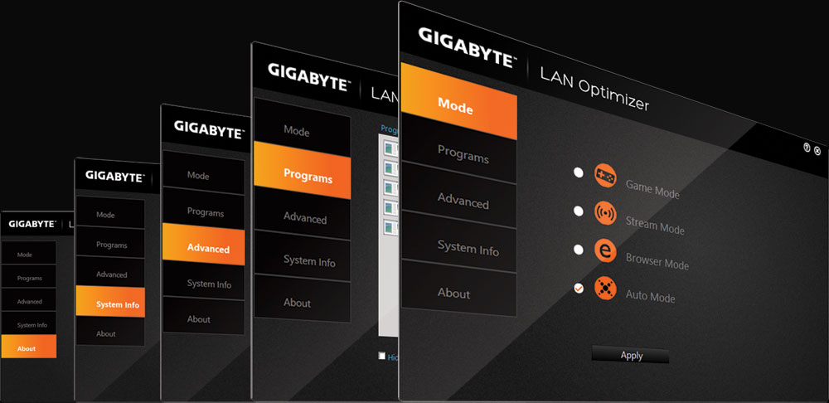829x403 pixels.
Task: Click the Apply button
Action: point(631,355)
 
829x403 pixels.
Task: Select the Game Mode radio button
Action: point(579,172)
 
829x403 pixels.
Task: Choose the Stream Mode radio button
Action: point(579,211)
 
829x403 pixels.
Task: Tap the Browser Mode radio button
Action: point(579,250)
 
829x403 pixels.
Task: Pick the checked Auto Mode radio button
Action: point(579,288)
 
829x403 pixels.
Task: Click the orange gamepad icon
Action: point(605,175)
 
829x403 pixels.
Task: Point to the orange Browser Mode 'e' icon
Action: point(605,251)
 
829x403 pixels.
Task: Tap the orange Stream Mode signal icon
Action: point(605,213)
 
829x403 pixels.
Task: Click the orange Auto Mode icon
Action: point(605,289)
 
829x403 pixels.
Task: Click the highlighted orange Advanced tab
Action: point(204,245)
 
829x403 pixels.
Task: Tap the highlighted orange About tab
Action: point(29,347)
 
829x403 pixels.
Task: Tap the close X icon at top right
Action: point(817,150)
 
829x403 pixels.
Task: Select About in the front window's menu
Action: point(453,293)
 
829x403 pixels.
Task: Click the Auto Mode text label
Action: point(650,296)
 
